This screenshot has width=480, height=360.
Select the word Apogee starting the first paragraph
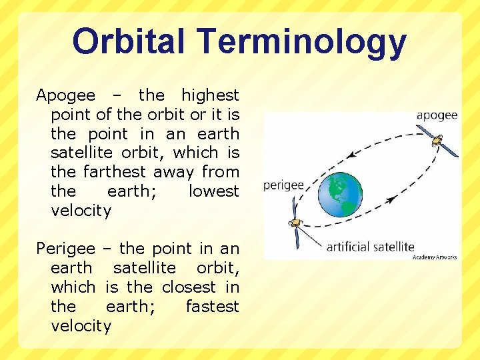point(65,96)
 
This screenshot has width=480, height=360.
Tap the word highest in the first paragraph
point(210,95)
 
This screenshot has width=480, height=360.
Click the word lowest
point(213,191)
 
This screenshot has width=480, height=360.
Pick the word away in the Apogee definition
point(174,172)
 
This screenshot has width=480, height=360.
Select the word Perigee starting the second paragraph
point(65,249)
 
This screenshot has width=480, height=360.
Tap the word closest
point(189,287)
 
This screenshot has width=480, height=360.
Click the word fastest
point(212,307)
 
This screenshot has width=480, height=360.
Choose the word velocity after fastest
point(81,326)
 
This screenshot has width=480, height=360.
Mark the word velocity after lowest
point(81,211)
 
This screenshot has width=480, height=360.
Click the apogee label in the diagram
point(437,115)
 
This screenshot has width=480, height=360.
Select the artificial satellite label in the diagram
point(370,247)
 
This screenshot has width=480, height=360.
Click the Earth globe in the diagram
point(340,193)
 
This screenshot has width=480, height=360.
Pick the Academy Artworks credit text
point(435,257)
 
